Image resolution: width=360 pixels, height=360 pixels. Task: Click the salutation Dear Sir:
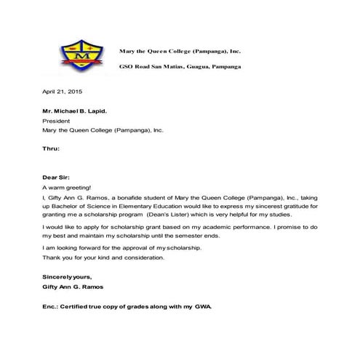[58, 177]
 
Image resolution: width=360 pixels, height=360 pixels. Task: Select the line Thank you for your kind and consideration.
[104, 258]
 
